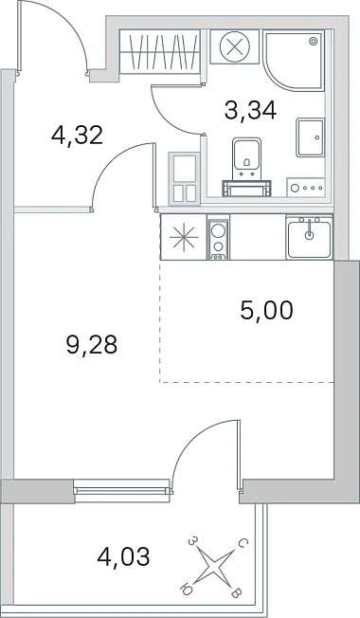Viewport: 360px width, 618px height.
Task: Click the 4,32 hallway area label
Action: pos(77,136)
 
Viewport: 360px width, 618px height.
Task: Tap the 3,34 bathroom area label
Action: pos(250,110)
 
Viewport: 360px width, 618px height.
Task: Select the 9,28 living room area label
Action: pos(92,345)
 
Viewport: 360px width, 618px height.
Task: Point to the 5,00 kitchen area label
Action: pos(266,310)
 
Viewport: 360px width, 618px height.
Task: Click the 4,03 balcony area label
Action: pos(123,557)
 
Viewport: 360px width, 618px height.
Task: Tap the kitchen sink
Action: pos(310,237)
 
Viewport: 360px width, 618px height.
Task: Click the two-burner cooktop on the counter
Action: pos(218,239)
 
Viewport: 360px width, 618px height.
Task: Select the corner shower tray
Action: pos(294,60)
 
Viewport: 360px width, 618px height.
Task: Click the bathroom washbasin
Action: pos(311,138)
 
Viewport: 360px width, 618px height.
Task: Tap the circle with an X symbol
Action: pos(235,46)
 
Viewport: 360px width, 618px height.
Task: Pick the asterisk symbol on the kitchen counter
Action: pos(184,237)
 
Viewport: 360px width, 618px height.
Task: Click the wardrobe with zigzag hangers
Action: pos(164,51)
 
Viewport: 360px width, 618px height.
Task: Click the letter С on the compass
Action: pos(243,544)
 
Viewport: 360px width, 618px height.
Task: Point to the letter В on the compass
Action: pos(236,593)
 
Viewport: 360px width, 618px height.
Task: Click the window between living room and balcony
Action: pos(122,490)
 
